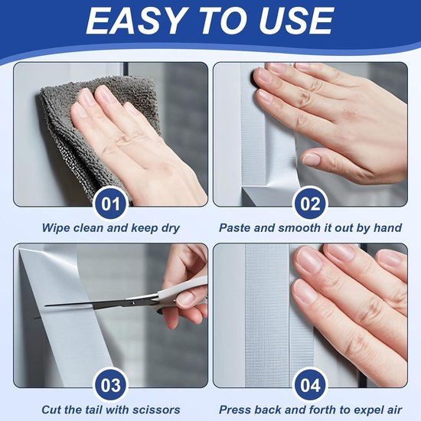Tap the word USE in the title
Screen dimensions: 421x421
tap(295, 21)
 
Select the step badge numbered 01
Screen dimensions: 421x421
tap(111, 204)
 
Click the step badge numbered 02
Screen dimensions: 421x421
tap(310, 204)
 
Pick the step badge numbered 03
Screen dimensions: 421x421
tap(111, 385)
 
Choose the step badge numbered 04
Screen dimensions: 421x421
tap(310, 385)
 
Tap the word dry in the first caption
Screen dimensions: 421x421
tap(170, 229)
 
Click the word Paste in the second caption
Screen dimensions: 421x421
tap(235, 228)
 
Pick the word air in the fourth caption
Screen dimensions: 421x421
tap(395, 410)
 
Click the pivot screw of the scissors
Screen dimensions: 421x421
tap(133, 302)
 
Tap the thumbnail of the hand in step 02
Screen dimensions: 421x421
tap(312, 159)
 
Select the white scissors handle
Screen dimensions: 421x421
tap(183, 289)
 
